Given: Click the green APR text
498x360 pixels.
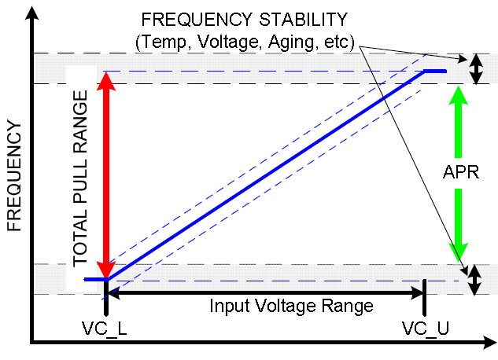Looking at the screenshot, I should tap(457, 172).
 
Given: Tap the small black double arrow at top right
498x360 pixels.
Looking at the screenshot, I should tap(474, 68).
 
